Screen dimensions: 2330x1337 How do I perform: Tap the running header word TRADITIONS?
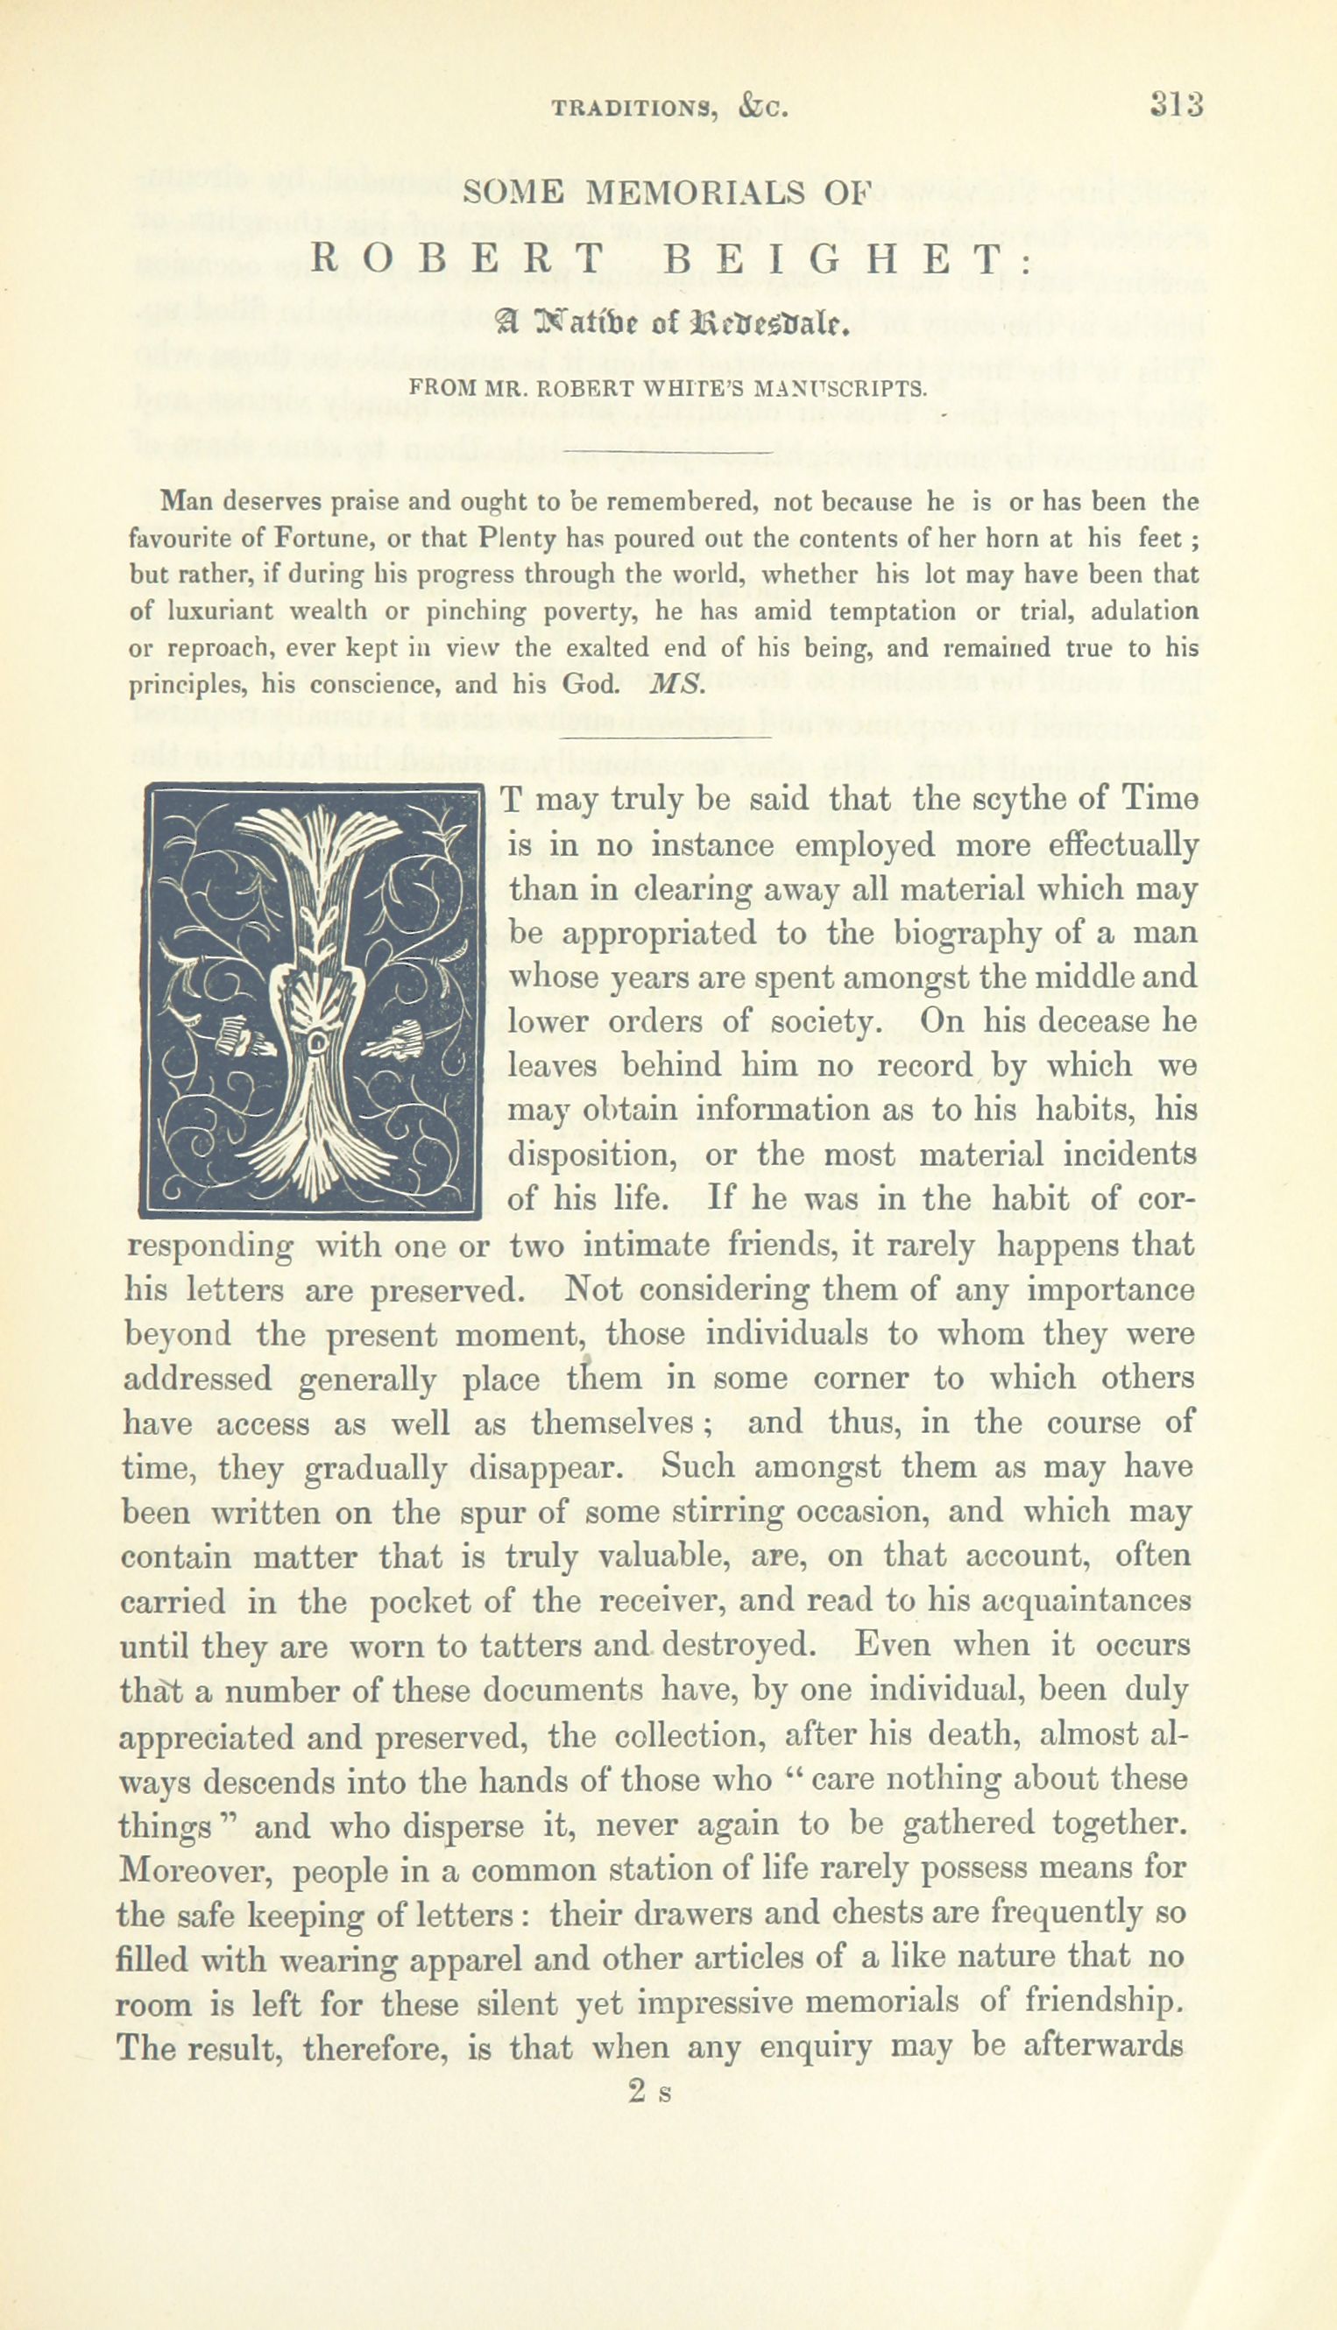pos(633,109)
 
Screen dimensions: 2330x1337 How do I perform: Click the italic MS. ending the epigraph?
pos(676,685)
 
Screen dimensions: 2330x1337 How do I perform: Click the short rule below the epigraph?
pos(666,737)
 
